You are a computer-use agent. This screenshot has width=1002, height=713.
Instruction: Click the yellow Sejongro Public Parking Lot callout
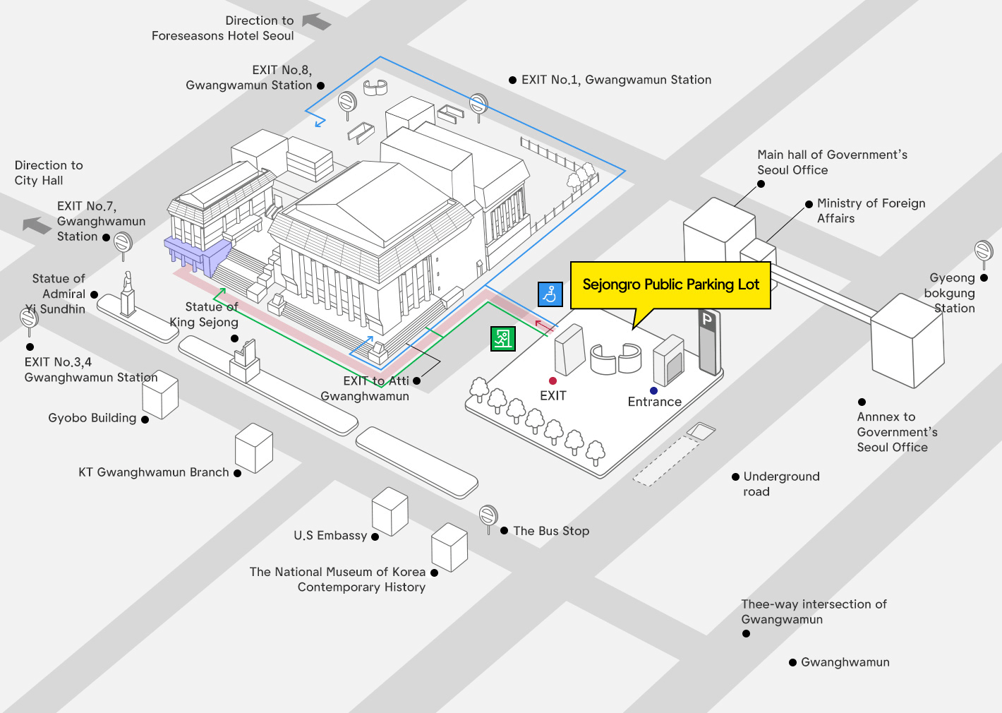pos(670,284)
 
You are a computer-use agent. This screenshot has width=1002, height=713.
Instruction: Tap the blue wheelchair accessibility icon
pos(550,294)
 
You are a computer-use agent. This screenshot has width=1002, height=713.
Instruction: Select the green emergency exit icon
pos(503,339)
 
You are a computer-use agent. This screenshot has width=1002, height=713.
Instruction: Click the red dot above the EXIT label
pos(553,381)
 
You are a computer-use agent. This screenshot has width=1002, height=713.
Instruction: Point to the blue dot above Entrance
pos(653,390)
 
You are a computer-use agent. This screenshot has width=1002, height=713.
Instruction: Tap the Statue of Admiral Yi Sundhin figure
pos(128,294)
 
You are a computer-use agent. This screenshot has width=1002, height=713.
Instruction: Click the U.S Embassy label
pos(330,536)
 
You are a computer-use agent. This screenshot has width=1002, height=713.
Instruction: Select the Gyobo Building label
pos(92,418)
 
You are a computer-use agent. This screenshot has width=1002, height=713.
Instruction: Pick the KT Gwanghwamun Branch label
pos(154,472)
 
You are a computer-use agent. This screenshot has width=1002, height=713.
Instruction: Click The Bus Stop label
pos(551,531)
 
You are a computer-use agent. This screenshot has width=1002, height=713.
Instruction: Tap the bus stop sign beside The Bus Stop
pos(488,516)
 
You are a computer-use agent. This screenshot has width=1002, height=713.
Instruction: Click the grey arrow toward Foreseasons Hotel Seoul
pos(316,22)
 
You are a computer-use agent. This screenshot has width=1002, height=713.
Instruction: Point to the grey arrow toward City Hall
pos(37,224)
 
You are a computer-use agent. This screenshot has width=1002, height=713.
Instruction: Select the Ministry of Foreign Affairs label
pos(871,210)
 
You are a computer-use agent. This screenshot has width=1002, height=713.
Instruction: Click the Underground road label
pos(781,484)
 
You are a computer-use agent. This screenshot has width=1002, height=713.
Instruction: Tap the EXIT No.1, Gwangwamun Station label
pos(616,80)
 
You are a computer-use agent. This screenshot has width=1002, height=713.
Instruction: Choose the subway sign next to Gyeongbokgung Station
pos(984,251)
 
